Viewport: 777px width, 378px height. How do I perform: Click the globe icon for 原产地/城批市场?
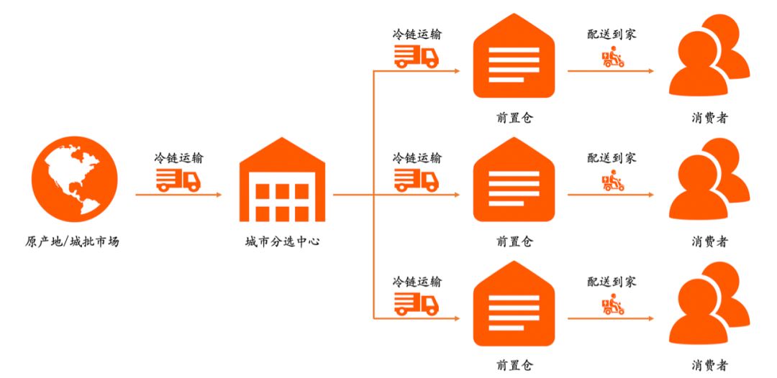point(71,179)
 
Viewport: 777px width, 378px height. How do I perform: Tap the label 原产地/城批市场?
point(72,241)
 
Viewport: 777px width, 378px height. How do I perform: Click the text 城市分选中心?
point(283,241)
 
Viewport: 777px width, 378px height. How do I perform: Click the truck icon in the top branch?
point(416,57)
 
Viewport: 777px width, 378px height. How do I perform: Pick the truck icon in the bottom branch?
point(416,304)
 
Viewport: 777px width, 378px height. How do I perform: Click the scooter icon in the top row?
point(612,58)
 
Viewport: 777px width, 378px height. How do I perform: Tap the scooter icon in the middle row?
point(612,182)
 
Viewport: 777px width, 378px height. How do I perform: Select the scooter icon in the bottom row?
point(612,306)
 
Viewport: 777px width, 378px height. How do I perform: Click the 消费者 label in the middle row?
point(709,241)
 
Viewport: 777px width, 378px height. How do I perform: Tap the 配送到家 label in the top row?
point(612,34)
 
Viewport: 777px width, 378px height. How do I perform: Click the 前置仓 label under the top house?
point(514,118)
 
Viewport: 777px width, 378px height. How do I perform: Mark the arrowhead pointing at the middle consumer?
point(650,194)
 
